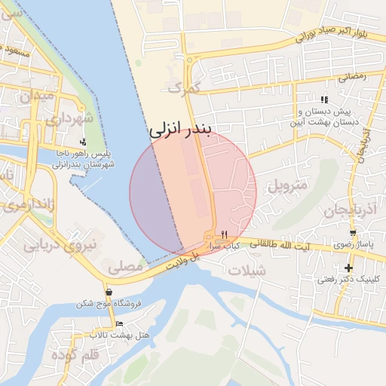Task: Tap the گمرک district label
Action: coord(185,88)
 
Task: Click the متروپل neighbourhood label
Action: coord(288,185)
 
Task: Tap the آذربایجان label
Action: coord(329,211)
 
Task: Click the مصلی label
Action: coord(124,265)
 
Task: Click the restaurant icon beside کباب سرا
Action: coord(224,236)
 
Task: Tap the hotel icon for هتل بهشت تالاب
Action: coord(119,323)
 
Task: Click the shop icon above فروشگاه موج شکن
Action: coord(109,292)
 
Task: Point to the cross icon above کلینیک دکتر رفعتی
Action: coord(348,268)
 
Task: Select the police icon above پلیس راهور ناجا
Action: coord(82,142)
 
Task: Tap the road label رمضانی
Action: coord(352,75)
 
